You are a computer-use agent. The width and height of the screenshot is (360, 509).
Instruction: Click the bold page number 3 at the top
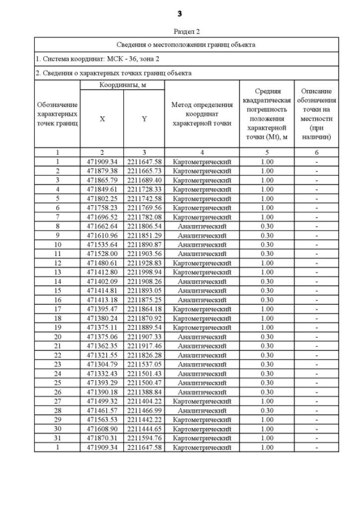(x=179, y=13)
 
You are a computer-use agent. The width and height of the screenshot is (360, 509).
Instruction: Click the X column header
(x=102, y=119)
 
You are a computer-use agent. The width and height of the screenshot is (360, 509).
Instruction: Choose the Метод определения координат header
(x=201, y=114)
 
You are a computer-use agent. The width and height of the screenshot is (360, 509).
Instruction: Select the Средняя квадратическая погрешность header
(x=267, y=114)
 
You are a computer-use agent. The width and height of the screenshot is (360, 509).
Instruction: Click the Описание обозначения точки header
(x=316, y=114)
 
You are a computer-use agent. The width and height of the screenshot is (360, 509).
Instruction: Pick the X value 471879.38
(x=102, y=170)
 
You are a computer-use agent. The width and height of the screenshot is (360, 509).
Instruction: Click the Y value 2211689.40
(x=144, y=180)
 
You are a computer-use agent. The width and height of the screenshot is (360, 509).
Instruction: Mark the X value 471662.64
(x=102, y=226)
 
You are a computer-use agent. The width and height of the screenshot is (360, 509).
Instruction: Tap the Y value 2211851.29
(x=144, y=235)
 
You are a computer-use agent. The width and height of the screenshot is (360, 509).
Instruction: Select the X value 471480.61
(x=102, y=263)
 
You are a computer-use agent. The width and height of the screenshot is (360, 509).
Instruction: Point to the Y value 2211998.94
(x=144, y=272)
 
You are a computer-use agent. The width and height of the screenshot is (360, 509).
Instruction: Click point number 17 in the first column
(x=57, y=309)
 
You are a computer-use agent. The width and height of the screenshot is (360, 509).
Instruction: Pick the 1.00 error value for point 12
(x=267, y=263)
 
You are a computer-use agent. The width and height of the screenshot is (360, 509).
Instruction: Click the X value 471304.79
(x=102, y=364)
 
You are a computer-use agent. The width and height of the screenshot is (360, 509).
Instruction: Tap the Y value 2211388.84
(x=144, y=392)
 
